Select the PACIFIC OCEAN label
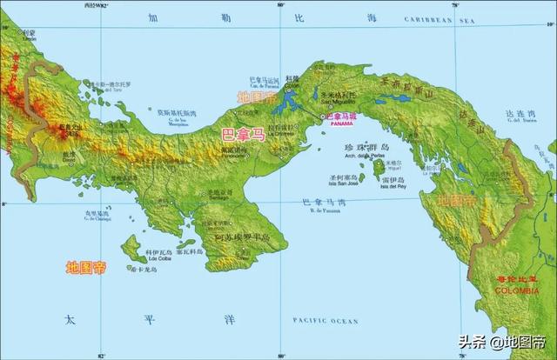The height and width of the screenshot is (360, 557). click(x=325, y=321)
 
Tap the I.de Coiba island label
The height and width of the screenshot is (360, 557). click(x=159, y=258)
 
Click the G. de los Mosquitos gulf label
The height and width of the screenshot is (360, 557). click(x=179, y=123)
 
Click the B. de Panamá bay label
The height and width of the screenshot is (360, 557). click(x=323, y=210)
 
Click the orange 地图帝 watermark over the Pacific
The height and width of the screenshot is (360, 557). click(x=86, y=267)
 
